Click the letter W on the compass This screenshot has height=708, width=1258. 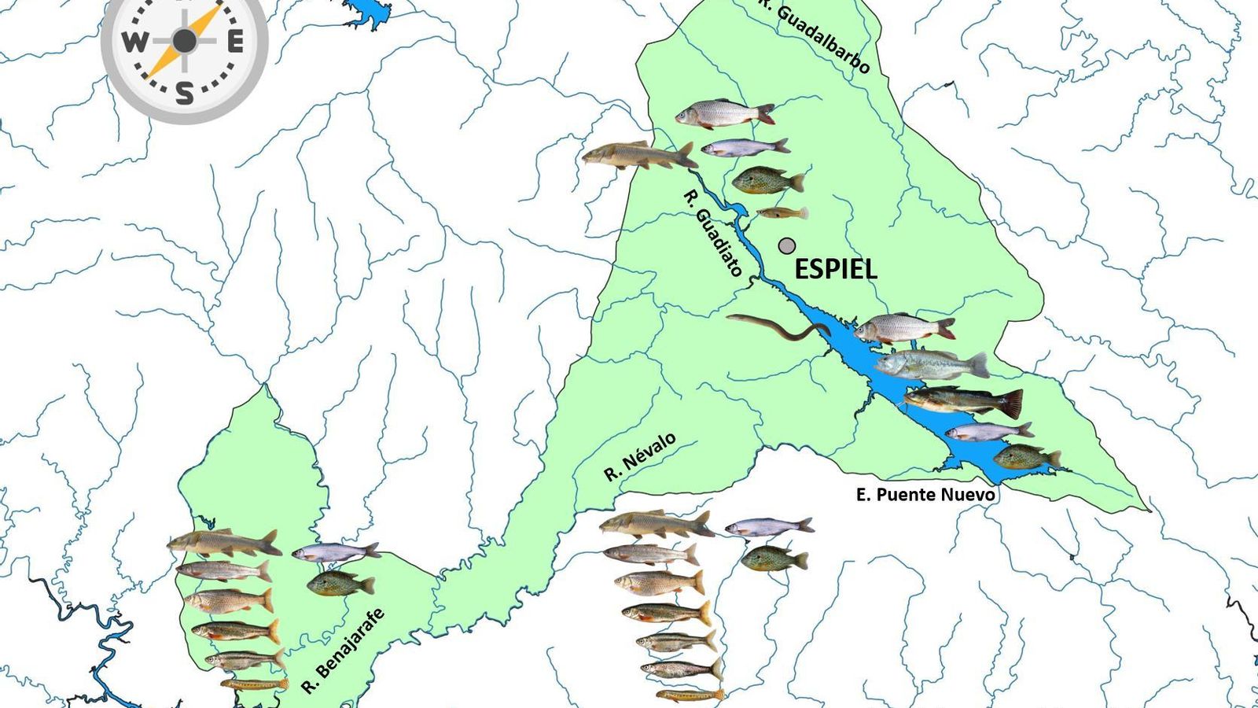click(x=134, y=42)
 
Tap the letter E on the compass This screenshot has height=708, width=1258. click(x=235, y=42)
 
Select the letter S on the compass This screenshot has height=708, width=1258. click(x=185, y=94)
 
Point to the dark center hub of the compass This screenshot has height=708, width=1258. click(x=185, y=42)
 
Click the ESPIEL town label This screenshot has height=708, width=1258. click(x=836, y=270)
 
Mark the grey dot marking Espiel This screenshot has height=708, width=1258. click(x=787, y=246)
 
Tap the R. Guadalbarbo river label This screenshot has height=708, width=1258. click(x=815, y=35)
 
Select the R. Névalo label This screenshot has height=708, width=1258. click(x=639, y=457)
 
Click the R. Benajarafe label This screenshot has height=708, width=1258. click(x=344, y=651)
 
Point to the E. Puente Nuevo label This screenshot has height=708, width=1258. click(x=925, y=495)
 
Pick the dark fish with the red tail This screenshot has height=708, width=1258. click(x=964, y=401)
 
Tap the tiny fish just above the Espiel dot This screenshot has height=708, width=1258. click(x=782, y=212)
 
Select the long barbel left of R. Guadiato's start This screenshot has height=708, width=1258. click(x=638, y=156)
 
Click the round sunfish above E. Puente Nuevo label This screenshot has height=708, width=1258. click(x=1027, y=457)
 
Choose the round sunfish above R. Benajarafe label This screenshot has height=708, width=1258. click(x=340, y=584)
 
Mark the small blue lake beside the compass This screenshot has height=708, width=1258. click(x=366, y=11)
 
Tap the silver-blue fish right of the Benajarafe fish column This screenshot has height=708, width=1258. click(x=336, y=552)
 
